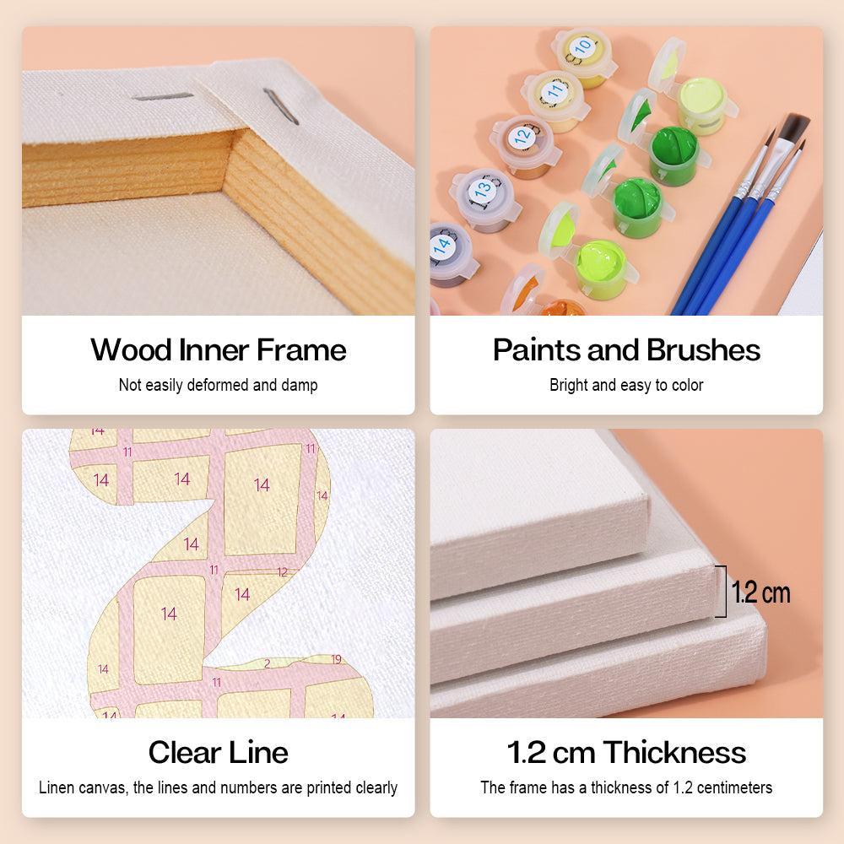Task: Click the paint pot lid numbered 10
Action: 582,46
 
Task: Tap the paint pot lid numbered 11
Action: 555,90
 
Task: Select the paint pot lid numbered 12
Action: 522,136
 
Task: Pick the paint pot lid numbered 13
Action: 482,188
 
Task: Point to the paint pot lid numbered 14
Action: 444,244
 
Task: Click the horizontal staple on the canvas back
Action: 163,97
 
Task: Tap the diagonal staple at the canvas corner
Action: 280,106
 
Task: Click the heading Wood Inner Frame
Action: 218,349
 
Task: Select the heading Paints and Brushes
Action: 626,349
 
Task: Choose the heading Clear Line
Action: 218,752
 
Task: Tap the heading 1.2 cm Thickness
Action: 626,752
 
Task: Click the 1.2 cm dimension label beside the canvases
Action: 760,592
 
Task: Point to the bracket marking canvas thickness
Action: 722,591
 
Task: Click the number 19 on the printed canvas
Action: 336,659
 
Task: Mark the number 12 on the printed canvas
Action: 282,572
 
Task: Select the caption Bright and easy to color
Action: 626,385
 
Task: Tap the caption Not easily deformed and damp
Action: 218,385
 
